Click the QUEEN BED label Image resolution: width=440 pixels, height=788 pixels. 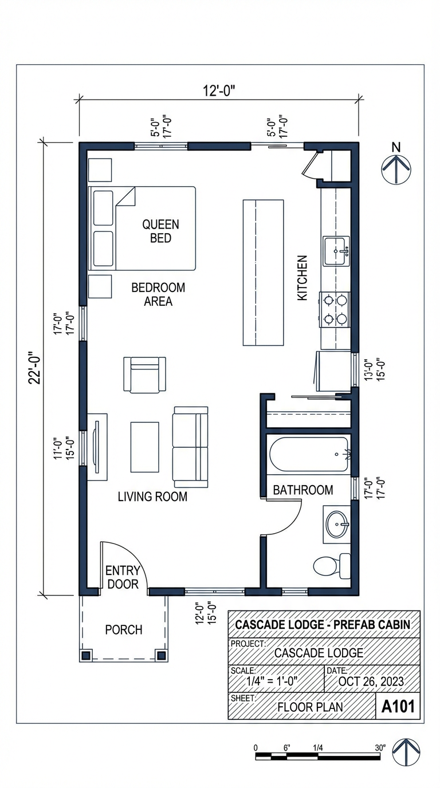pos(160,231)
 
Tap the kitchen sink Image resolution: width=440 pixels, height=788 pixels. pos(336,251)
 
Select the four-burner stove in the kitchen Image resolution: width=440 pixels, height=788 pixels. pos(335,309)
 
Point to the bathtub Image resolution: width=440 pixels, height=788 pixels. pos(309,455)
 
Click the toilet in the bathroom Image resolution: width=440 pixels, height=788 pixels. pos(332,565)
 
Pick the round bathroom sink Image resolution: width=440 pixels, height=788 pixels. pos(337,525)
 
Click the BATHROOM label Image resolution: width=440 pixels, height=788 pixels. pos(302,490)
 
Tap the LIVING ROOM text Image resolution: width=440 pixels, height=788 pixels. pos(152,497)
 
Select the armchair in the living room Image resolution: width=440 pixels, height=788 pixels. pos(145,375)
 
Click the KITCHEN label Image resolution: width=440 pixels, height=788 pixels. pos(302,278)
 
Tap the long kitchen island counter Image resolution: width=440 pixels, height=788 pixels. pos(264,273)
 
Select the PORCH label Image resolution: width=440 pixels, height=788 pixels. pos(123,630)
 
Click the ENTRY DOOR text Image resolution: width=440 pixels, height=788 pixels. pos(123,577)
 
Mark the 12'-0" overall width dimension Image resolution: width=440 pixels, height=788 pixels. pos(219,90)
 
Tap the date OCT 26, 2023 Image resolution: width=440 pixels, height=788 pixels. pos(371,681)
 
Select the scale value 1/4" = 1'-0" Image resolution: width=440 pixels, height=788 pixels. pos(272,681)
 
